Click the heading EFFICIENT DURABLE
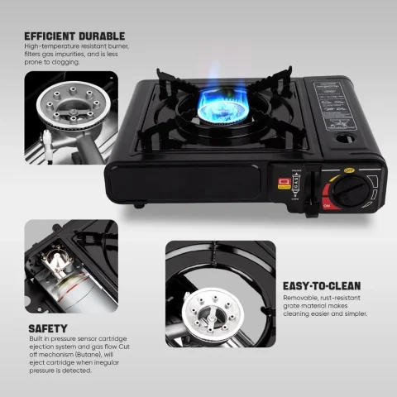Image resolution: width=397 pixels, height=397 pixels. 74,36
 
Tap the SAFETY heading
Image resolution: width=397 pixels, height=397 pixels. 50,328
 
